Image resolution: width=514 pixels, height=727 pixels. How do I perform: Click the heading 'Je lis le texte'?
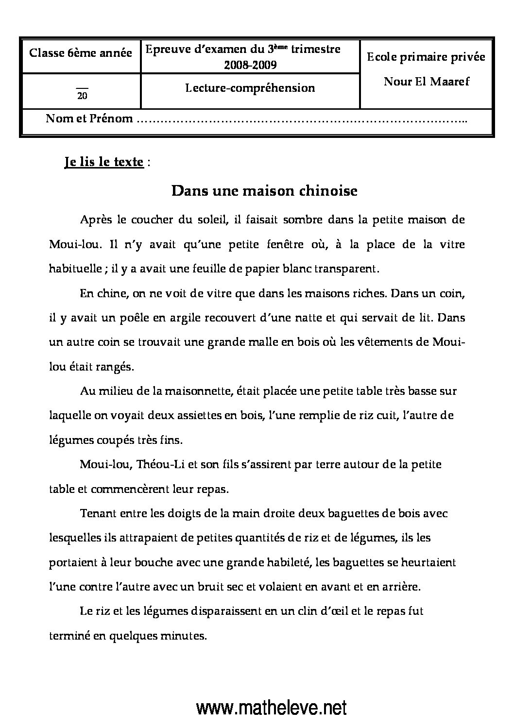point(103,162)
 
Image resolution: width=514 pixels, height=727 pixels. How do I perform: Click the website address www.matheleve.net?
point(272,708)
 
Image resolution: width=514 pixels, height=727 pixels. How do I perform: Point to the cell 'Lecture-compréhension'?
point(250,88)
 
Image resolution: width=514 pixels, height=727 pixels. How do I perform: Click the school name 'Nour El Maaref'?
point(427,81)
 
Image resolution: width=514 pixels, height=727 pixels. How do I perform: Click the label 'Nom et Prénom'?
point(89,118)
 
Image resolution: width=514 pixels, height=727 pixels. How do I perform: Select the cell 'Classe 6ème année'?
point(81,52)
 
